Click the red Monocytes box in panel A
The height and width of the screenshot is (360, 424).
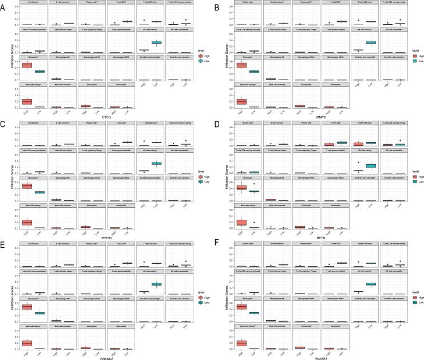click(27, 65)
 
